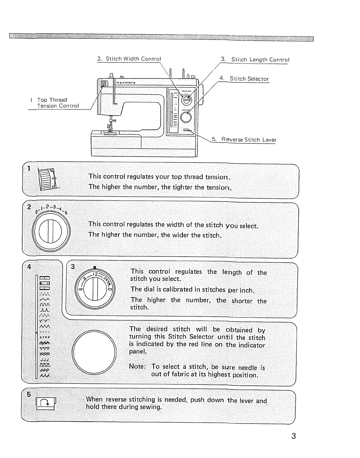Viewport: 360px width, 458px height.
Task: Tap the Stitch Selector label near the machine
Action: pos(249,79)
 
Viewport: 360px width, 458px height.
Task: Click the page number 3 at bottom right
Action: pos(293,436)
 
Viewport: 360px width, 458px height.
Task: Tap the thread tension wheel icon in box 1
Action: pos(48,180)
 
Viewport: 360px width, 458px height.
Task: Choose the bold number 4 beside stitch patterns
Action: pos(29,267)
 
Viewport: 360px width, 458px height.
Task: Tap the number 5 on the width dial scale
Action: pos(66,213)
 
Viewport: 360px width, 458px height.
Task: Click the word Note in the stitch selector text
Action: pos(137,366)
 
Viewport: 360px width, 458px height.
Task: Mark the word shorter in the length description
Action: pos(242,301)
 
